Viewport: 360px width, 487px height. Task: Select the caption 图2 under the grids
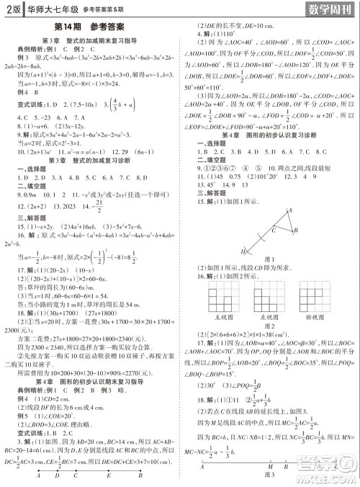(x=270, y=324)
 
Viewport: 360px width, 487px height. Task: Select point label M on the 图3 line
(x=270, y=466)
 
